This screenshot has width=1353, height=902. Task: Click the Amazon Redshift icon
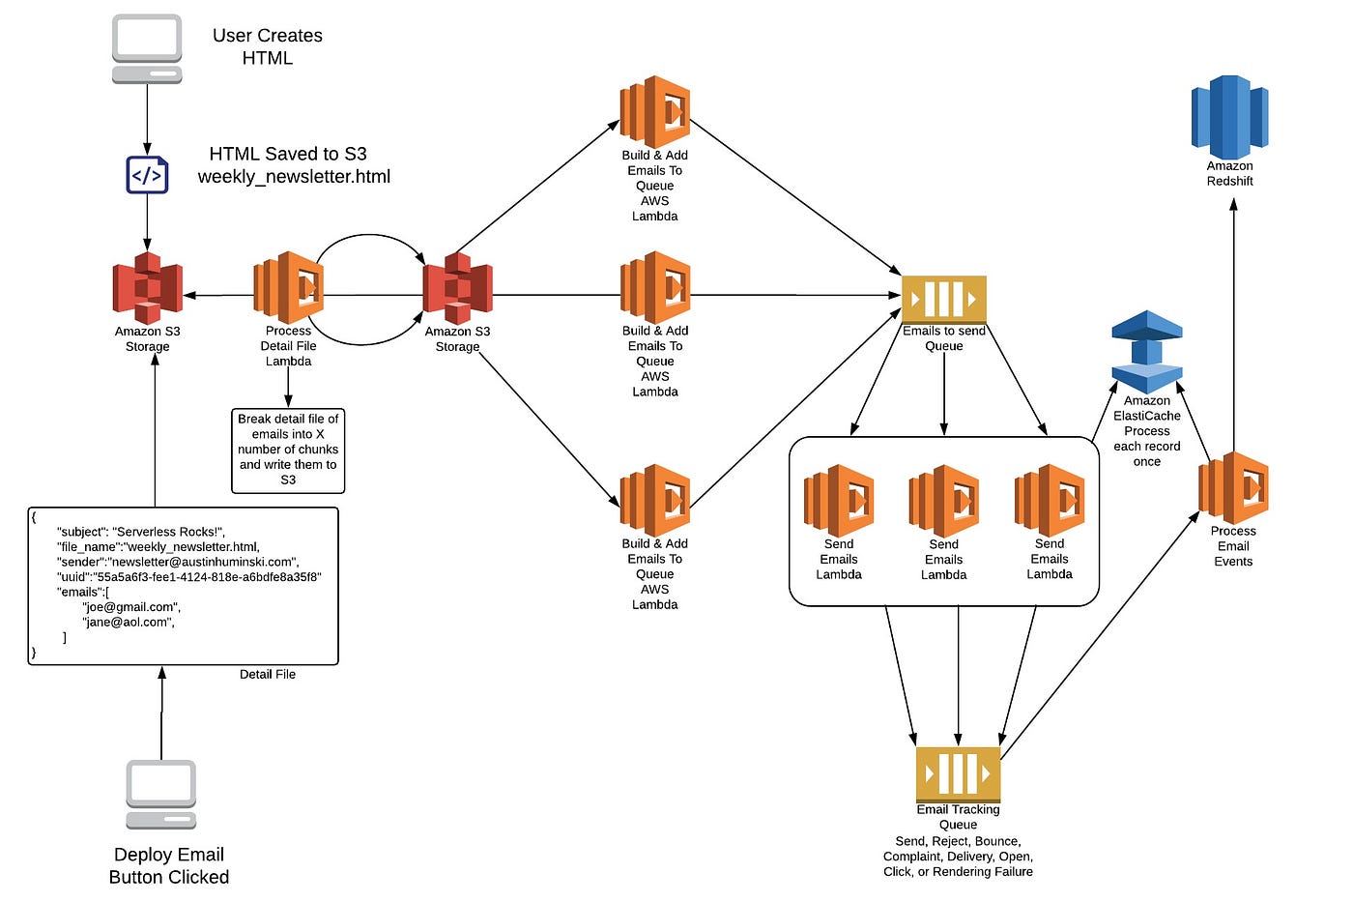point(1229,117)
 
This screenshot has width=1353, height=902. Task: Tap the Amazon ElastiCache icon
point(1147,352)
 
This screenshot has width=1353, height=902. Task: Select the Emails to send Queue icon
point(944,299)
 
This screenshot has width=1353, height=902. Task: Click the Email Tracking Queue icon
point(958,774)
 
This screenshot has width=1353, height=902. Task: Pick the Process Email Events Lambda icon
point(1233,488)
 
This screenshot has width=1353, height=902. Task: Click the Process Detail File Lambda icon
point(289,287)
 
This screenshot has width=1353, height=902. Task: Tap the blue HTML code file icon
point(147,175)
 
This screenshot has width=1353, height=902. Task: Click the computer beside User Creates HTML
point(147,49)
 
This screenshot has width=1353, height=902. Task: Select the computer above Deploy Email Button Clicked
point(161,795)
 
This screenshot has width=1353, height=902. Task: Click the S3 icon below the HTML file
point(147,288)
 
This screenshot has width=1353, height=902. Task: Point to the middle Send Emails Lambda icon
point(943,501)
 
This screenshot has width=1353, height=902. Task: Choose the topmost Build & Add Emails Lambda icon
point(655,112)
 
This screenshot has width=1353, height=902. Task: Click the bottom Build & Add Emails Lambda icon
point(655,500)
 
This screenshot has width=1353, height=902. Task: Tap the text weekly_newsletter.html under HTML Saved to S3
point(294,176)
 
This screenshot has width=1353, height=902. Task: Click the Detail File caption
point(268,674)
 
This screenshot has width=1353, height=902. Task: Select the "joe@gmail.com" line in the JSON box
point(131,606)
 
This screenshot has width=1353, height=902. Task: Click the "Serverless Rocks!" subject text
point(168,532)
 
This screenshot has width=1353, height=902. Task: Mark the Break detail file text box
point(288,451)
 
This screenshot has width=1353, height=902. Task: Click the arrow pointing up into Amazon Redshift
point(1233,326)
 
